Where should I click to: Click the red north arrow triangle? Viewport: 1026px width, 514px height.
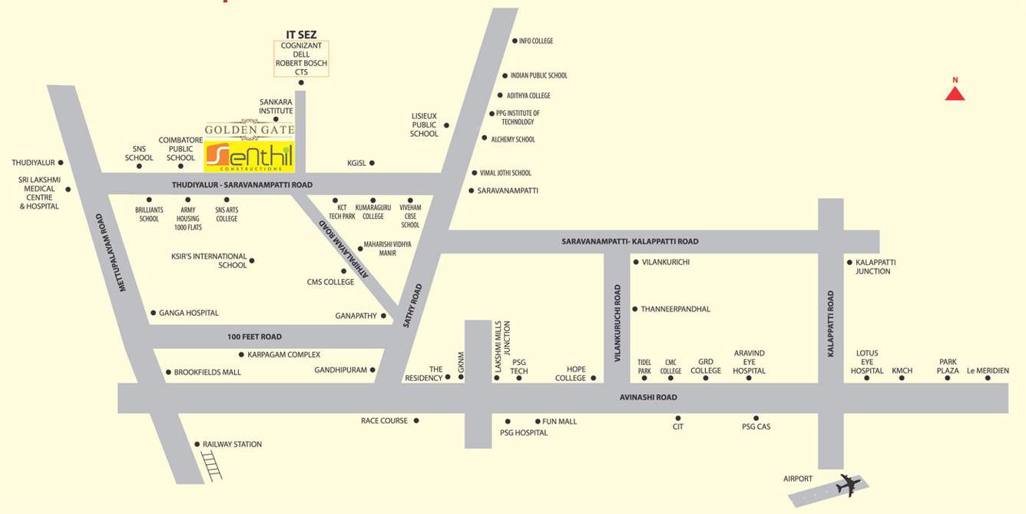[x=955, y=93]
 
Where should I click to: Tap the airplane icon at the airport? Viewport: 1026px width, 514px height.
[x=848, y=485]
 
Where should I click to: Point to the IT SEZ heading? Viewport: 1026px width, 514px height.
[x=301, y=35]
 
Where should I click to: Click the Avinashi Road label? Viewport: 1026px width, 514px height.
[x=648, y=397]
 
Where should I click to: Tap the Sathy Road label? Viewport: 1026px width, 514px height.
[x=412, y=306]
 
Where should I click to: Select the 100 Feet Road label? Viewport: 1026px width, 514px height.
[x=254, y=337]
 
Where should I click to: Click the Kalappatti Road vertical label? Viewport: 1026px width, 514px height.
[x=830, y=323]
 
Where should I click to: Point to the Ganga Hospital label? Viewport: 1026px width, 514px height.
[x=189, y=313]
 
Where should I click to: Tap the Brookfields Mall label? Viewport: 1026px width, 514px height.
[x=207, y=372]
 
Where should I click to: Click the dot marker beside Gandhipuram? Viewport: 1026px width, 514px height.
[x=373, y=370]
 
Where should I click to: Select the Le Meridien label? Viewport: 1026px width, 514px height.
[x=988, y=370]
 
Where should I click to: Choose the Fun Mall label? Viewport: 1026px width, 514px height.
[x=559, y=421]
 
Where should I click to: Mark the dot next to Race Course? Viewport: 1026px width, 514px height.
[x=416, y=420]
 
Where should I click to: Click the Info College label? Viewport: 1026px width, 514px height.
[x=536, y=41]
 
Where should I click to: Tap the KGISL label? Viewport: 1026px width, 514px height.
[x=356, y=163]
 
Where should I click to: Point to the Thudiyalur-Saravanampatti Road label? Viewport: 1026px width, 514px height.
[x=242, y=185]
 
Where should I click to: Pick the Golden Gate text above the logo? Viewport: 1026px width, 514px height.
[x=249, y=130]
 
